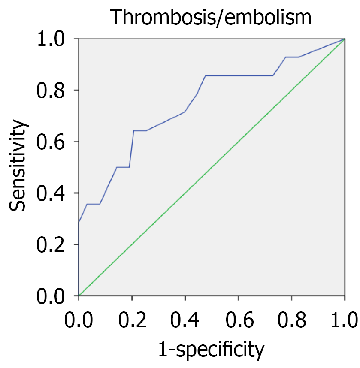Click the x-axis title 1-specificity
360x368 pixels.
(211, 350)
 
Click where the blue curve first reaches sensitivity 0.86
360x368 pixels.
(206, 75)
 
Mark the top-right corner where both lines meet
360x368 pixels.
(345, 39)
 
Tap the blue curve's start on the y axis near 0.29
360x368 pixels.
(79, 222)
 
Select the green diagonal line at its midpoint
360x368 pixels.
(212, 167)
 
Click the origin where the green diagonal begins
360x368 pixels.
(79, 296)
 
